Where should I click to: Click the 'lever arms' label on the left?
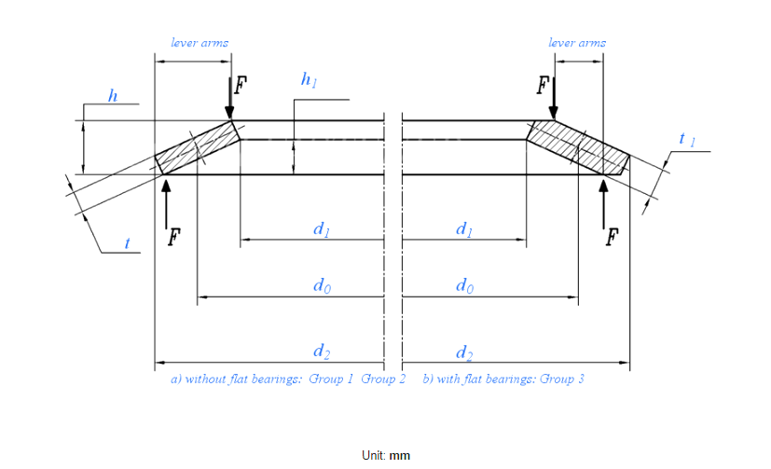[200, 43]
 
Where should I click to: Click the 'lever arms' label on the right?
[577, 43]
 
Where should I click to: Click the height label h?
[113, 96]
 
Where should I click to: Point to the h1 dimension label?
[309, 81]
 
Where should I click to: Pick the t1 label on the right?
[687, 140]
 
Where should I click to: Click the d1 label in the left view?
[321, 229]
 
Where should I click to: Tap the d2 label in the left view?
[321, 352]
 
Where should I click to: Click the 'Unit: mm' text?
[386, 455]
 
